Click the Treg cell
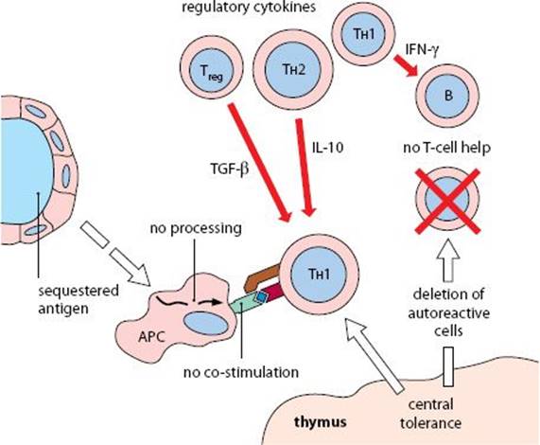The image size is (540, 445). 212,71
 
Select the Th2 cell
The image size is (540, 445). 293,69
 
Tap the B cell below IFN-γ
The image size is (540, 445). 447,95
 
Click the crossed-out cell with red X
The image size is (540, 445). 447,201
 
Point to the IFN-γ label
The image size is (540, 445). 422,50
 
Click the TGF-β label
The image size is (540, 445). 230,169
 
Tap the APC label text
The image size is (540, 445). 151,336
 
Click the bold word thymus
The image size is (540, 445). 321,422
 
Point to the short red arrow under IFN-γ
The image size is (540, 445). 406,65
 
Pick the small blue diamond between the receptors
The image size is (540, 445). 261,297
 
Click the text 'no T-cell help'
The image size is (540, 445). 446,148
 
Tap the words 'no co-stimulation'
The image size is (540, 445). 241,372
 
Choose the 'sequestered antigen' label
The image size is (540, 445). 78,299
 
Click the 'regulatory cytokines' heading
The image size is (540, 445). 249,7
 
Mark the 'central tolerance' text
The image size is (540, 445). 430,414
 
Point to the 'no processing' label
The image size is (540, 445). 196,228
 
